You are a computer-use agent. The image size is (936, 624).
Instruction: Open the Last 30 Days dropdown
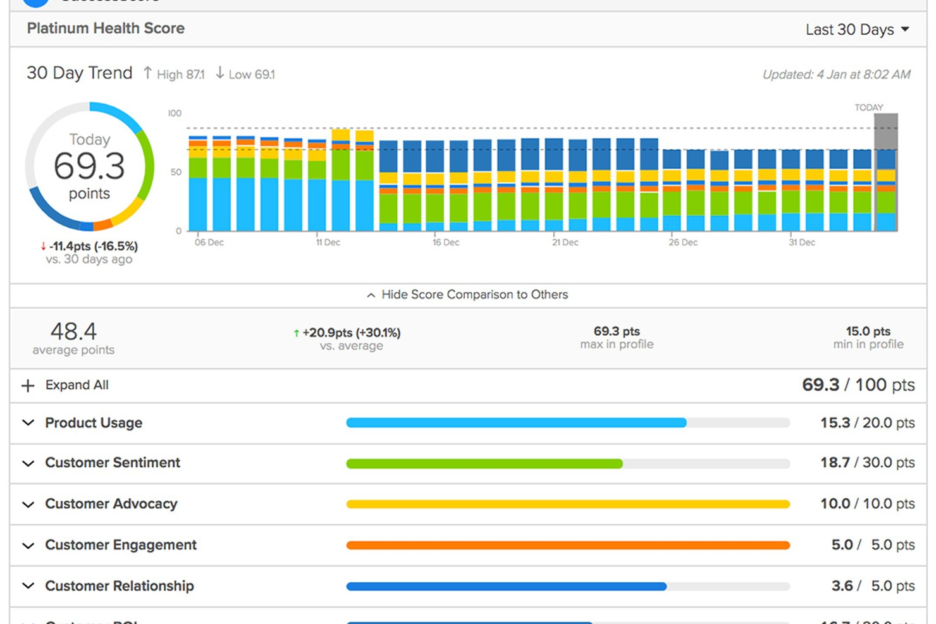point(857,30)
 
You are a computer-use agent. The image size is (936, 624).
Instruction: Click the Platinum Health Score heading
point(106,28)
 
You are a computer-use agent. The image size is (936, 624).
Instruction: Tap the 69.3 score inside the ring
point(89,166)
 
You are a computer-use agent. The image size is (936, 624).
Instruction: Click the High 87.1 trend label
point(174,74)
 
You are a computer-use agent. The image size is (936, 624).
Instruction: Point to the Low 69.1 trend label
point(245,74)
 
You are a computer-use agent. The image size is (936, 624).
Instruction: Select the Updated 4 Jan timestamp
point(836,75)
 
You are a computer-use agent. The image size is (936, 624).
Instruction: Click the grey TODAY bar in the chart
point(885,132)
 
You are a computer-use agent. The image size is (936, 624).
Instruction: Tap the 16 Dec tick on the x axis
point(445,242)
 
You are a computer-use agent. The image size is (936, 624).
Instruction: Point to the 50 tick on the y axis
point(175,172)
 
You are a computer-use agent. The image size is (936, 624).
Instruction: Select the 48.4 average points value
point(73,332)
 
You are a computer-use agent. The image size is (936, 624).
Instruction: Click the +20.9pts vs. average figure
point(351,333)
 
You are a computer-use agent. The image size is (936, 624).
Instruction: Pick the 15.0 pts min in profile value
point(868,331)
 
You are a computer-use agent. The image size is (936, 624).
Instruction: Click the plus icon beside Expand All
point(28,386)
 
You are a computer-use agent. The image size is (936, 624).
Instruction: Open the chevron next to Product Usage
point(28,422)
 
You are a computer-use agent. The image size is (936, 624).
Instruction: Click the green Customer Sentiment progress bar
point(484,464)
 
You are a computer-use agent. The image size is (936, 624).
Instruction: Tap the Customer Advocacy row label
point(111,504)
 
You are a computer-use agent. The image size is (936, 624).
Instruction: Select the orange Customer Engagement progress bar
point(567,545)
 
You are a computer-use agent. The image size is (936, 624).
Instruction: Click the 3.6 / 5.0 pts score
point(872,586)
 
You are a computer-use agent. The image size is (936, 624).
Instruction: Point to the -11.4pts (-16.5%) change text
point(94,246)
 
